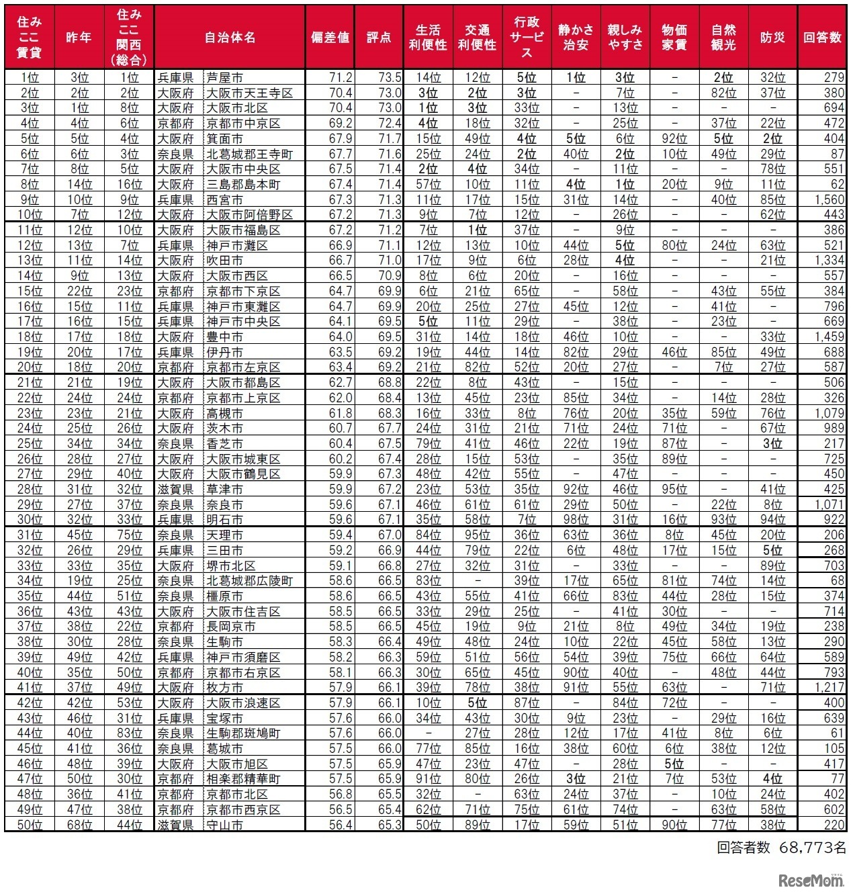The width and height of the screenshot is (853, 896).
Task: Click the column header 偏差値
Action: point(330,38)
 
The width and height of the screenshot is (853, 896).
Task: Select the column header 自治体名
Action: point(230,38)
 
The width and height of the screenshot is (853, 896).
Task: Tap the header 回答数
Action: point(822,38)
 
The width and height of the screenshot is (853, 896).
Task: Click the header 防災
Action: point(772,38)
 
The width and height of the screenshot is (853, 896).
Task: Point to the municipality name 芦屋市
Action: point(224,77)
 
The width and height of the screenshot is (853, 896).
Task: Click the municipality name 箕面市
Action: point(224,138)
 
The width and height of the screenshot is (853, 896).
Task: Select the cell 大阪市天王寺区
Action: point(249,93)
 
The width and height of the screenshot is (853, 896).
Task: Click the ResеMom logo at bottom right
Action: point(811,881)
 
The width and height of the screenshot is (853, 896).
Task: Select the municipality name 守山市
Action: point(224,825)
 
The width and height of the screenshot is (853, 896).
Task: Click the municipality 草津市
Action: point(224,489)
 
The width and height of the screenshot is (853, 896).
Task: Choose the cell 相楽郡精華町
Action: point(242,779)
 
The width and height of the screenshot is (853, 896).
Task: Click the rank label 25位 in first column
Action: point(29,443)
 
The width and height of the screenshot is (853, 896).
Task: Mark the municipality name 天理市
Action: point(224,535)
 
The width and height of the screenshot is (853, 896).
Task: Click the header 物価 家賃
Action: point(674,38)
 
